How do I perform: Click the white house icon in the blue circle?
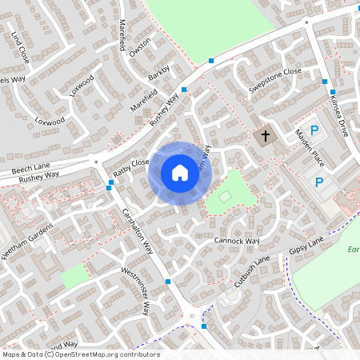pos(179,173)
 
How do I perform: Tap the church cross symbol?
pos(265,137)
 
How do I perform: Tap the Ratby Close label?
pos(131,167)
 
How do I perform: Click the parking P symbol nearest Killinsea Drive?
pos(314,130)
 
